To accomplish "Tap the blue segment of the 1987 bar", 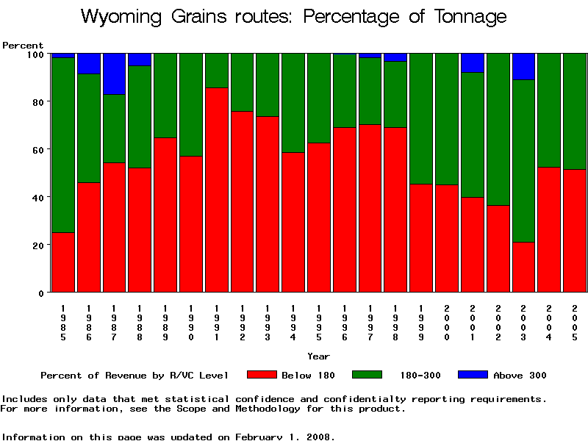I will [x=115, y=73].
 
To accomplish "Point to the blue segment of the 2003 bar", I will [x=523, y=66].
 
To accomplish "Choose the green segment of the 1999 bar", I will [x=421, y=118].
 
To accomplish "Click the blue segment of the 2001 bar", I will [x=473, y=62].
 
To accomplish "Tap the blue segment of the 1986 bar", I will [x=89, y=63].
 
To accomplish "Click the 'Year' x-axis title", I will [x=318, y=356].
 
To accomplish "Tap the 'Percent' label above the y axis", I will [x=23, y=46].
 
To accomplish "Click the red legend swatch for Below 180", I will [x=262, y=375].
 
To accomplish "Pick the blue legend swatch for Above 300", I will [x=473, y=375].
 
